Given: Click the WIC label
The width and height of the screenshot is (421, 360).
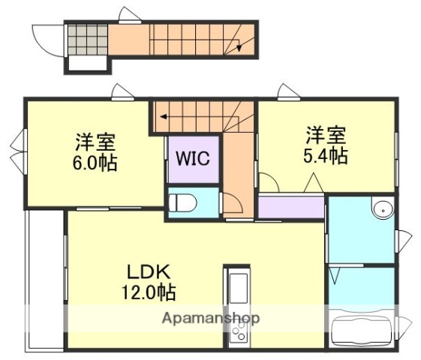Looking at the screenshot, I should (192, 158).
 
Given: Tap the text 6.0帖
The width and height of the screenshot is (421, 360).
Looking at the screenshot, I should (96, 163).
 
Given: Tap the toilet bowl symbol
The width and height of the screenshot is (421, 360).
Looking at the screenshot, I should (182, 202).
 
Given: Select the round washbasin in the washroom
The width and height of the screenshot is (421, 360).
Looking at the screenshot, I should (383, 209).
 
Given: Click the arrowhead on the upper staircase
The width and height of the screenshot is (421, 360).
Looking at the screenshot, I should (239, 48).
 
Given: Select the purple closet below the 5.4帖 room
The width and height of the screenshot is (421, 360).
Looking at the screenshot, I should (291, 207).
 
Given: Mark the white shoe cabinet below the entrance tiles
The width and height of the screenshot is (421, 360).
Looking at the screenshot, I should (86, 64).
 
